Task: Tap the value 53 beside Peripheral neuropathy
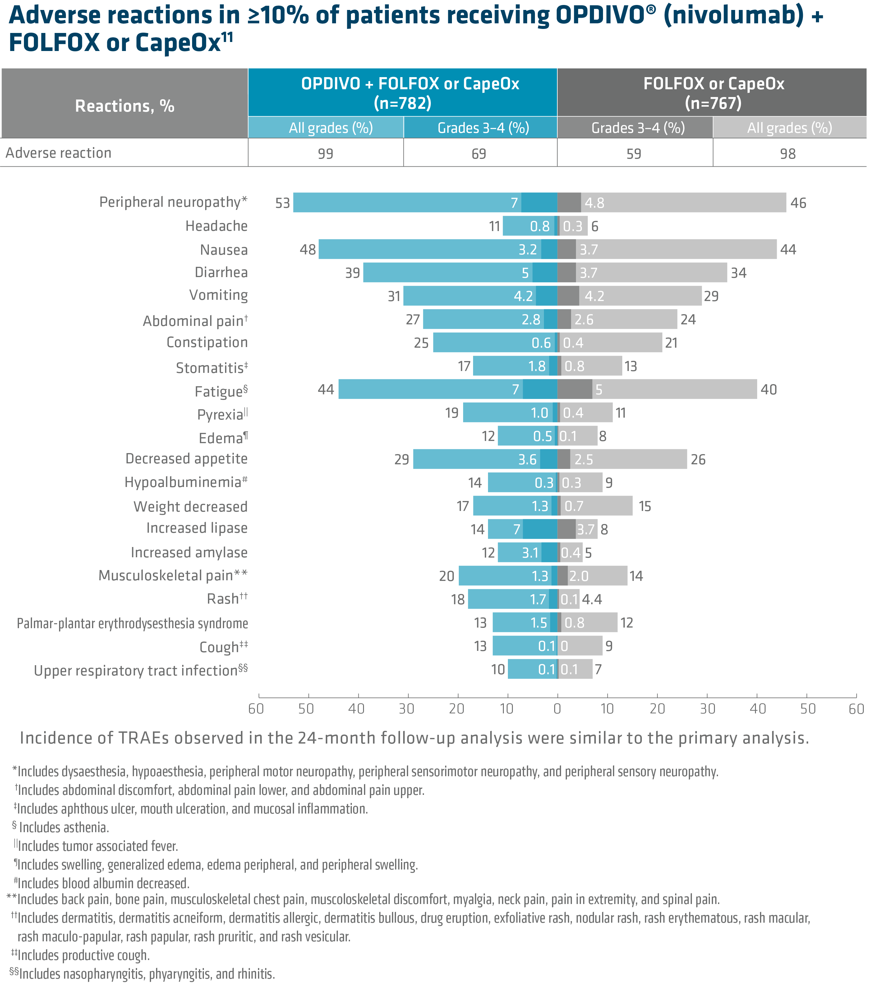tap(283, 203)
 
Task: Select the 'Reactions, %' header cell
tap(125, 106)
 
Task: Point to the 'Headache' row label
tap(216, 226)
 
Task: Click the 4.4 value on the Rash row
tap(592, 599)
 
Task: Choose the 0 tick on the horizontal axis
tap(557, 708)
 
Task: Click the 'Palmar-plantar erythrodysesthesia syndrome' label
tap(132, 623)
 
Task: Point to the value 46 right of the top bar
tap(799, 203)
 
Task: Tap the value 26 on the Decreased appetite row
tap(698, 460)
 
